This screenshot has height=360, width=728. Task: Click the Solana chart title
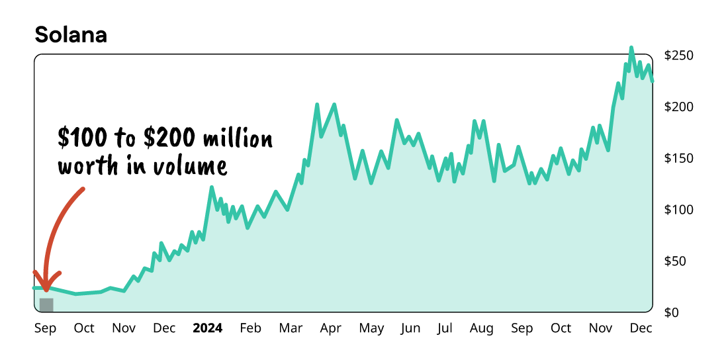[x=71, y=35]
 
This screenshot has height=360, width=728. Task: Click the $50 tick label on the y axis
[x=680, y=261]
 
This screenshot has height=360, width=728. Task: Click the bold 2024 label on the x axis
[x=207, y=328]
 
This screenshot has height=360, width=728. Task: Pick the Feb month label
[x=250, y=328]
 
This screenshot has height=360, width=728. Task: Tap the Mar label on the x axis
[x=291, y=328]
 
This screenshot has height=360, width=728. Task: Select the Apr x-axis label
[x=330, y=328]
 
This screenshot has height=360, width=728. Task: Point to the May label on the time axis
[x=371, y=328]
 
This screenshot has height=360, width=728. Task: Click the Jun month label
[x=410, y=328]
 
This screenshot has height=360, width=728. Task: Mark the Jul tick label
[x=445, y=328]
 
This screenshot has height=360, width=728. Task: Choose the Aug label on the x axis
[x=482, y=328]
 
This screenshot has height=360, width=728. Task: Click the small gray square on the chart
[x=46, y=304]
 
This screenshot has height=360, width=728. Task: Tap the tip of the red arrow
[x=46, y=289]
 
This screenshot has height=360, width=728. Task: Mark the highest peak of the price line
[x=631, y=48]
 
